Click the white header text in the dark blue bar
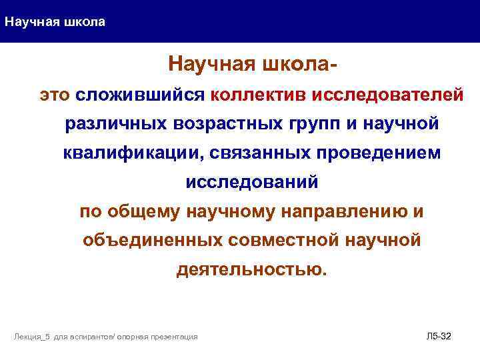[x=55, y=22]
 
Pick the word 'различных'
[x=116, y=124]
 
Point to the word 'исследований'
[x=251, y=182]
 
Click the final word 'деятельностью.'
[x=252, y=270]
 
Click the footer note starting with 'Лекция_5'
[x=106, y=337]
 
